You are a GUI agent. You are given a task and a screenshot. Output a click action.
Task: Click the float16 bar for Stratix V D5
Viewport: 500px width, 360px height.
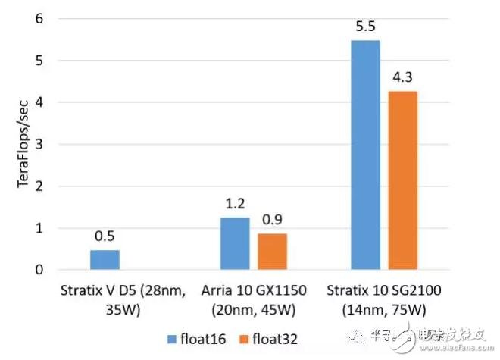tap(105, 260)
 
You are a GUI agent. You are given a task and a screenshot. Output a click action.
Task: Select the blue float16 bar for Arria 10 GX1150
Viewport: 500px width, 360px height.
tap(234, 243)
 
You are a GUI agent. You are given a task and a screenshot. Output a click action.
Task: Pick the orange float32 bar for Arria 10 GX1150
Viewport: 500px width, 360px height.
tap(272, 252)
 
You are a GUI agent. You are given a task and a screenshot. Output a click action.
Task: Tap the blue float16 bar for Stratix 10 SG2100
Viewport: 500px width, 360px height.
tap(365, 155)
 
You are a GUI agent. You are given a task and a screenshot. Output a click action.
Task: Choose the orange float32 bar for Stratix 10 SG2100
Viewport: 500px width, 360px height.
tap(402, 180)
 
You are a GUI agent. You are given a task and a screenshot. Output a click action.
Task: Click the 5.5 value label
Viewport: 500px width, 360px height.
tap(365, 28)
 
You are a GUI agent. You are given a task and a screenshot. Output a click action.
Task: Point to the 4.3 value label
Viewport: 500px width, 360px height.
tap(403, 78)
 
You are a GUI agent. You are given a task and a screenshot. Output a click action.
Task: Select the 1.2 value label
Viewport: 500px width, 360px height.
tap(234, 205)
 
